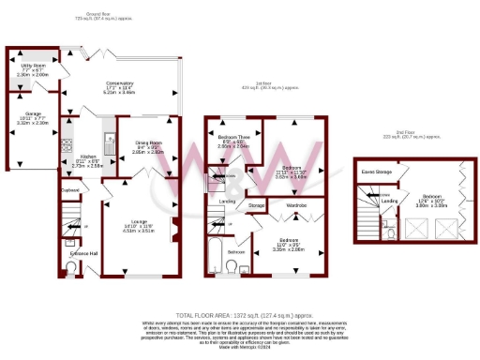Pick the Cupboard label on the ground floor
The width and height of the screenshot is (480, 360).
pyautogui.click(x=68, y=190)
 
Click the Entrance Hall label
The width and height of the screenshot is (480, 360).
pyautogui.click(x=73, y=253)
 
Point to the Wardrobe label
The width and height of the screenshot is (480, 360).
pyautogui.click(x=297, y=204)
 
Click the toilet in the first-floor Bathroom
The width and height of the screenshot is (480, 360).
pyautogui.click(x=232, y=268)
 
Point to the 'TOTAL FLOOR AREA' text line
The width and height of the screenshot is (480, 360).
pyautogui.click(x=240, y=315)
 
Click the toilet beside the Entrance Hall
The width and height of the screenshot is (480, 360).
pyautogui.click(x=74, y=269)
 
